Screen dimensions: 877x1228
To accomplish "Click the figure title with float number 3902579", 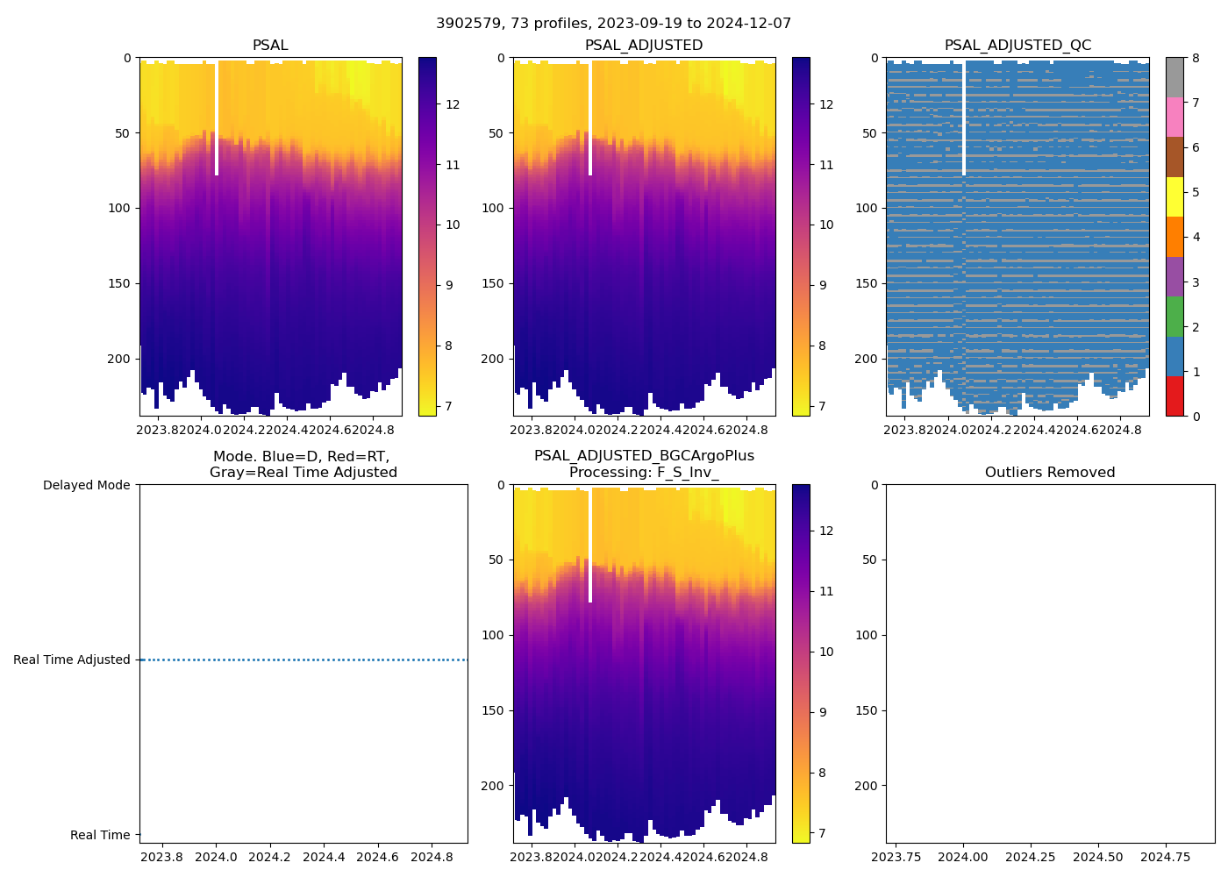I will (613, 24).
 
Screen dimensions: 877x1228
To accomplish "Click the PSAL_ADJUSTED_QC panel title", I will (1017, 46).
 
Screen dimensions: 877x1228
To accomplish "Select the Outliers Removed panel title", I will (1050, 473).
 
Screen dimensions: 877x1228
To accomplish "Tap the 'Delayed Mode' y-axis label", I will (86, 485).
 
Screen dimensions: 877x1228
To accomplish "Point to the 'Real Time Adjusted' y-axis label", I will (72, 660).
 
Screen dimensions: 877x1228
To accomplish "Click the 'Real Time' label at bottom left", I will (100, 835).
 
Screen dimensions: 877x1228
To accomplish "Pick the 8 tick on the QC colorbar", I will (1196, 58).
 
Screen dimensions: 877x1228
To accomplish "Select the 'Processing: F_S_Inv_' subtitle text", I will (644, 473).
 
